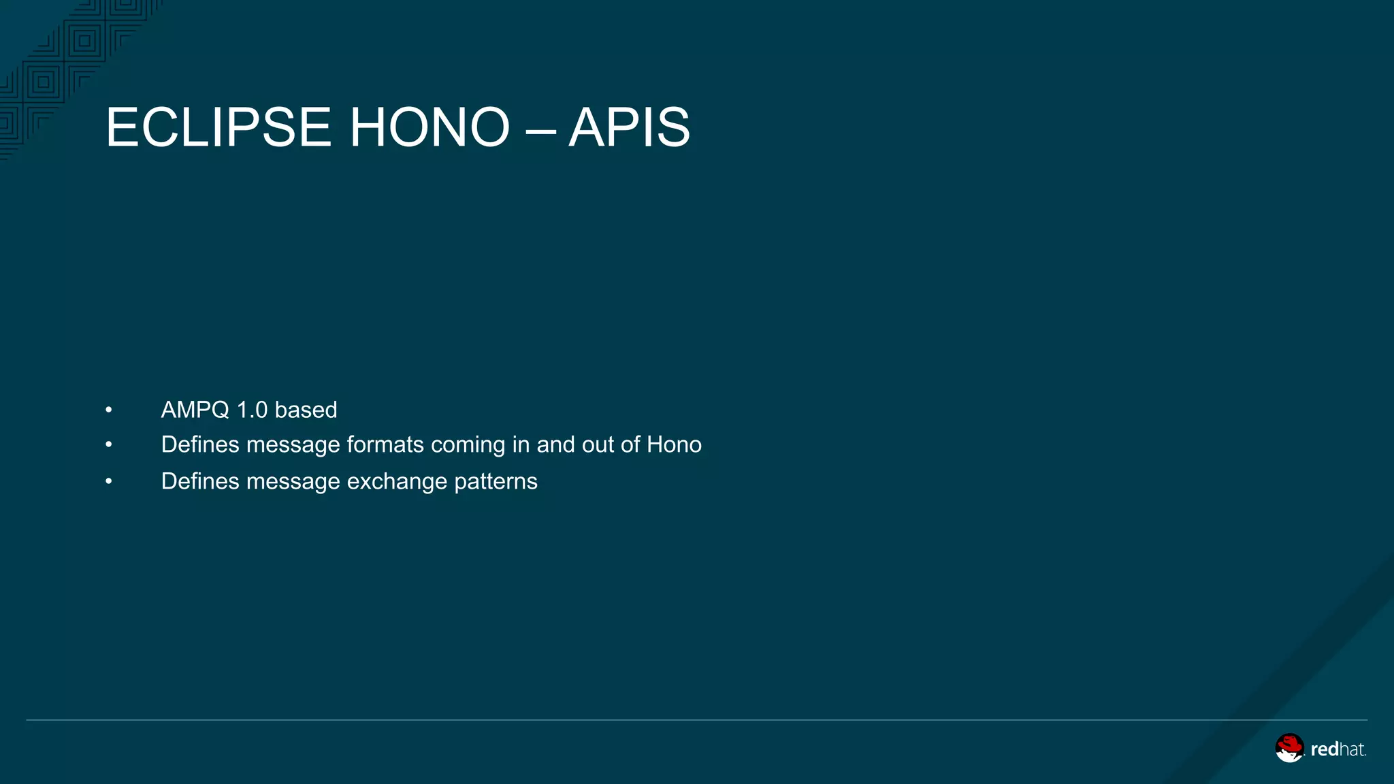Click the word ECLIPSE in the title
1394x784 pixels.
pos(218,127)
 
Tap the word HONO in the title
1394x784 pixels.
pos(429,127)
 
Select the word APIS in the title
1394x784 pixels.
pos(629,127)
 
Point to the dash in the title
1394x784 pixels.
pos(540,129)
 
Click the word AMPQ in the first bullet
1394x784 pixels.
pos(195,410)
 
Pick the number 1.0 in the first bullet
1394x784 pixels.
pos(252,410)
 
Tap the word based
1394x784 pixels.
pos(306,410)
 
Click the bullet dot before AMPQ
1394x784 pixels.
pos(109,410)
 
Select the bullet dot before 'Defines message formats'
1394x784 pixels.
pos(109,445)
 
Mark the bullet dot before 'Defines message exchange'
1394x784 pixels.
pos(109,482)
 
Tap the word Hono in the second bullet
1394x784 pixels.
pos(674,444)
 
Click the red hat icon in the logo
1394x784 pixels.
pos(1289,747)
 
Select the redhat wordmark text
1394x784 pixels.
pos(1338,749)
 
